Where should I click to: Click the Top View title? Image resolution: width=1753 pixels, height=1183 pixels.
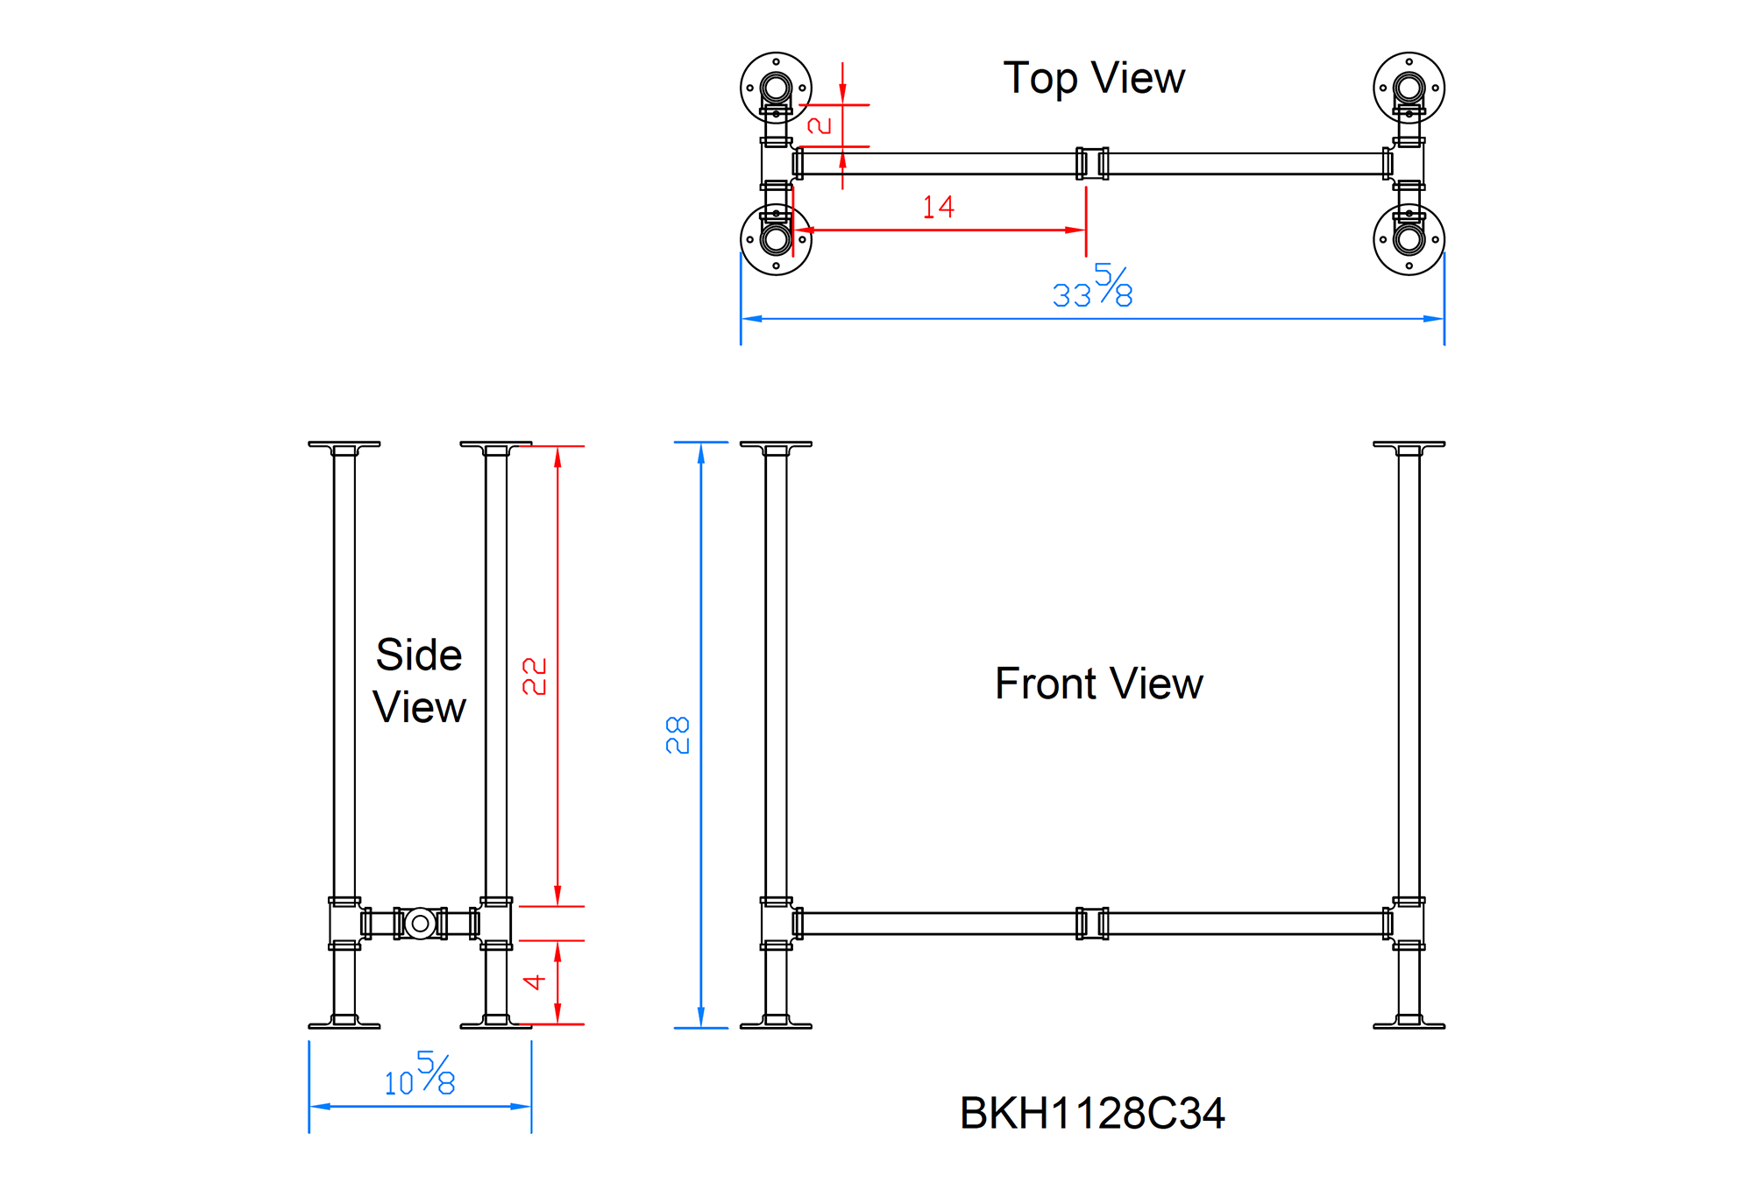click(1093, 79)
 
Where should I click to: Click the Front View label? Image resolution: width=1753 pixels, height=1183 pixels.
click(1098, 684)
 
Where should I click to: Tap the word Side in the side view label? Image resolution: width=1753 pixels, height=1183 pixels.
click(419, 655)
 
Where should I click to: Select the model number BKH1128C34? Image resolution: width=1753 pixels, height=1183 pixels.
click(1091, 1113)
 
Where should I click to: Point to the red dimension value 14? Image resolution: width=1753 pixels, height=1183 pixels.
click(938, 208)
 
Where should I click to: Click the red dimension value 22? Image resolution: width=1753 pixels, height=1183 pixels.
click(535, 677)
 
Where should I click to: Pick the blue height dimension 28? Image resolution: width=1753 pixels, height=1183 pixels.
click(678, 735)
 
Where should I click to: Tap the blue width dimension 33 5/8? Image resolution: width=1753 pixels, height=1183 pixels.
click(1092, 287)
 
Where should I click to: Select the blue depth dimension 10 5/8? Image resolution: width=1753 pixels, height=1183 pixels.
click(420, 1075)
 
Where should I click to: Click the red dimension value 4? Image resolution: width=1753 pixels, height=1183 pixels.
click(535, 981)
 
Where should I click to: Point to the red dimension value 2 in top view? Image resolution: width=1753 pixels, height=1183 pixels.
click(820, 125)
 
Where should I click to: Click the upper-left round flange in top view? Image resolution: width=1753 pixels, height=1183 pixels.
click(776, 88)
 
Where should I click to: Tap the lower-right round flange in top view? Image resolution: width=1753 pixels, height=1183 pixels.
click(1409, 239)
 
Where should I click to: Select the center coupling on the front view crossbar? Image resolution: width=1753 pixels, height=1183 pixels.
click(1092, 923)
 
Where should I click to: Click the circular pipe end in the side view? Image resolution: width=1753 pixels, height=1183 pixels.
click(420, 923)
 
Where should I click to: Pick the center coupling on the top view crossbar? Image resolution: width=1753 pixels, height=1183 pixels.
click(1092, 163)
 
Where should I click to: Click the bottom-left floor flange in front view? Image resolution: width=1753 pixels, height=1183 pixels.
click(776, 1023)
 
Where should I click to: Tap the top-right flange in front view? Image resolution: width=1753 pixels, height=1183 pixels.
click(1409, 445)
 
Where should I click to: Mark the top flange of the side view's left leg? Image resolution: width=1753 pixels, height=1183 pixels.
click(344, 445)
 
